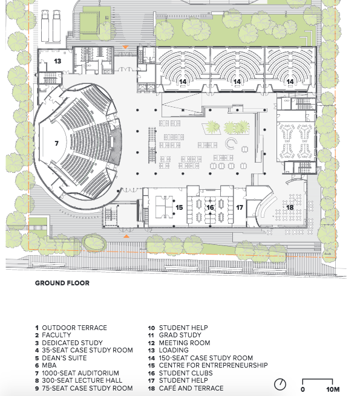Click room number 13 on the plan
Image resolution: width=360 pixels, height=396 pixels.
click(x=57, y=61)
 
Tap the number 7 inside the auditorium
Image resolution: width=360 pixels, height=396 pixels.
click(x=57, y=143)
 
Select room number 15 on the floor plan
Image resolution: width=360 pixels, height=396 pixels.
click(x=179, y=207)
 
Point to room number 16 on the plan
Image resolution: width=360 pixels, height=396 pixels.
click(x=210, y=207)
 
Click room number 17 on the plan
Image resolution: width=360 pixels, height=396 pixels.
click(x=240, y=207)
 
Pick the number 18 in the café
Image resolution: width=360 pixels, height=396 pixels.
click(x=290, y=207)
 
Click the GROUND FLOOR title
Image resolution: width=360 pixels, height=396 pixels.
click(x=62, y=283)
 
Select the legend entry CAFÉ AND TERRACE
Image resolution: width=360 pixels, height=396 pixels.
click(x=191, y=388)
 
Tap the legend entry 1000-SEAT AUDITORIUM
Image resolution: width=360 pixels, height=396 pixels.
click(x=80, y=373)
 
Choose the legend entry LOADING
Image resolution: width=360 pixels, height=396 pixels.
click(x=174, y=350)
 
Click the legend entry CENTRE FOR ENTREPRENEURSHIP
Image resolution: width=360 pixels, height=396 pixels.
click(x=213, y=365)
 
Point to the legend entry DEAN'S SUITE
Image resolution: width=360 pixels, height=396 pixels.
click(x=64, y=358)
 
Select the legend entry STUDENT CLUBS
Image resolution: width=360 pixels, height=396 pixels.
click(x=186, y=373)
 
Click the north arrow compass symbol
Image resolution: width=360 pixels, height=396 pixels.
click(x=280, y=385)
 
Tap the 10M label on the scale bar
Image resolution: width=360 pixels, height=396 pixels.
click(x=333, y=389)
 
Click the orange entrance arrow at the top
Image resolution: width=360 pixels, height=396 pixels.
click(x=125, y=47)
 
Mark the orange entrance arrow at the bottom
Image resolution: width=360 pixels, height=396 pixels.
click(x=126, y=236)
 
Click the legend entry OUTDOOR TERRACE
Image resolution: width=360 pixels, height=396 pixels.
click(x=74, y=328)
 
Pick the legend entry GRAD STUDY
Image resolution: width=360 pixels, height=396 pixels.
click(x=180, y=335)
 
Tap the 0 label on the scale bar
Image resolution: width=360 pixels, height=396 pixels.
click(x=303, y=389)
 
